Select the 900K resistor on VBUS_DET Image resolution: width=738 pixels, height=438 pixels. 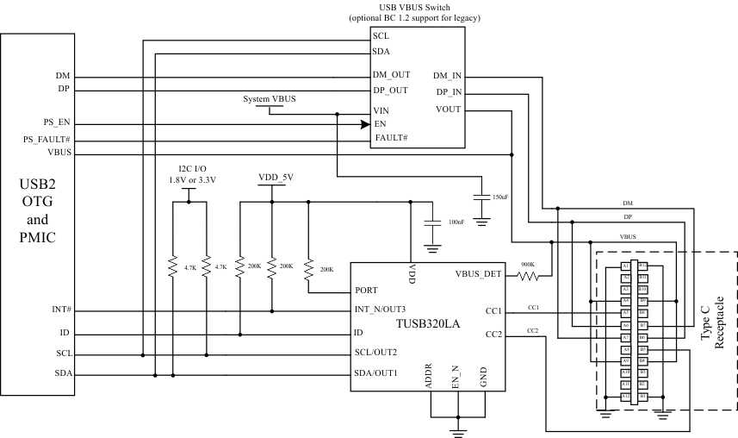click(527, 276)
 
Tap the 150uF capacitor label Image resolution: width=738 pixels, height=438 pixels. click(499, 197)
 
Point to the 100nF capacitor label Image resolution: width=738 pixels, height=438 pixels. click(456, 222)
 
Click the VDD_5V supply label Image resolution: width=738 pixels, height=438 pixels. click(276, 177)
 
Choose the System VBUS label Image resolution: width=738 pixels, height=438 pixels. click(270, 99)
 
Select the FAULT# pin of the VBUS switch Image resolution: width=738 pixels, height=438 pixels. click(390, 138)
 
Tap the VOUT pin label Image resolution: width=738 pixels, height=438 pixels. click(449, 109)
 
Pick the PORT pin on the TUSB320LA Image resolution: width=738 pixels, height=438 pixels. click(366, 290)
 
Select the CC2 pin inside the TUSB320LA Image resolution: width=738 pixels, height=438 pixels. click(494, 334)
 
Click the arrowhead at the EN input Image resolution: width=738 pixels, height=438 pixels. click(365, 125)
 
